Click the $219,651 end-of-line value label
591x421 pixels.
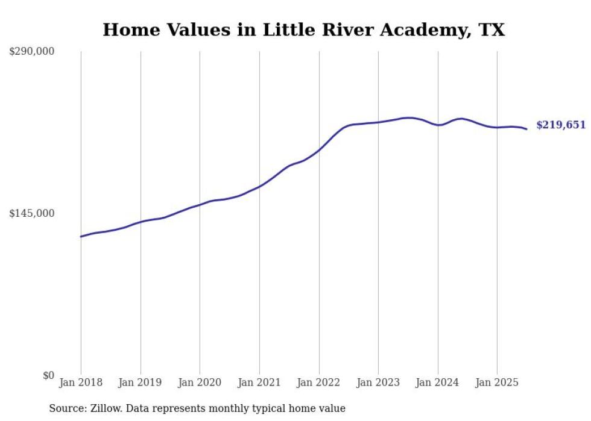pyautogui.click(x=561, y=125)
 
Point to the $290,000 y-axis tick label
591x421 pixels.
pyautogui.click(x=32, y=52)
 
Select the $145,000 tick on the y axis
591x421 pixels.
pyautogui.click(x=32, y=213)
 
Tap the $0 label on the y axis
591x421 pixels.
pyautogui.click(x=48, y=375)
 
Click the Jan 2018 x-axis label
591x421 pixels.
pyautogui.click(x=81, y=382)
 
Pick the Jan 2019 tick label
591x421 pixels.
pyautogui.click(x=141, y=382)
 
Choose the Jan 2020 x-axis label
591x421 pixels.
pyautogui.click(x=200, y=382)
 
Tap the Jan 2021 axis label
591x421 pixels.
pyautogui.click(x=259, y=382)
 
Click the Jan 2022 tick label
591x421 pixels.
pyautogui.click(x=319, y=382)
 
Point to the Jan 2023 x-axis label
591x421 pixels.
pyautogui.click(x=378, y=382)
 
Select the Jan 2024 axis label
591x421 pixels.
pyautogui.click(x=438, y=382)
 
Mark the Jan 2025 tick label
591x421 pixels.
pyautogui.click(x=497, y=382)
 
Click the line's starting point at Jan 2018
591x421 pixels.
pyautogui.click(x=81, y=236)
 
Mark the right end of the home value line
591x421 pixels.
pyautogui.click(x=526, y=129)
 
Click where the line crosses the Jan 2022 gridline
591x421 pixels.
pyautogui.click(x=319, y=149)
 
